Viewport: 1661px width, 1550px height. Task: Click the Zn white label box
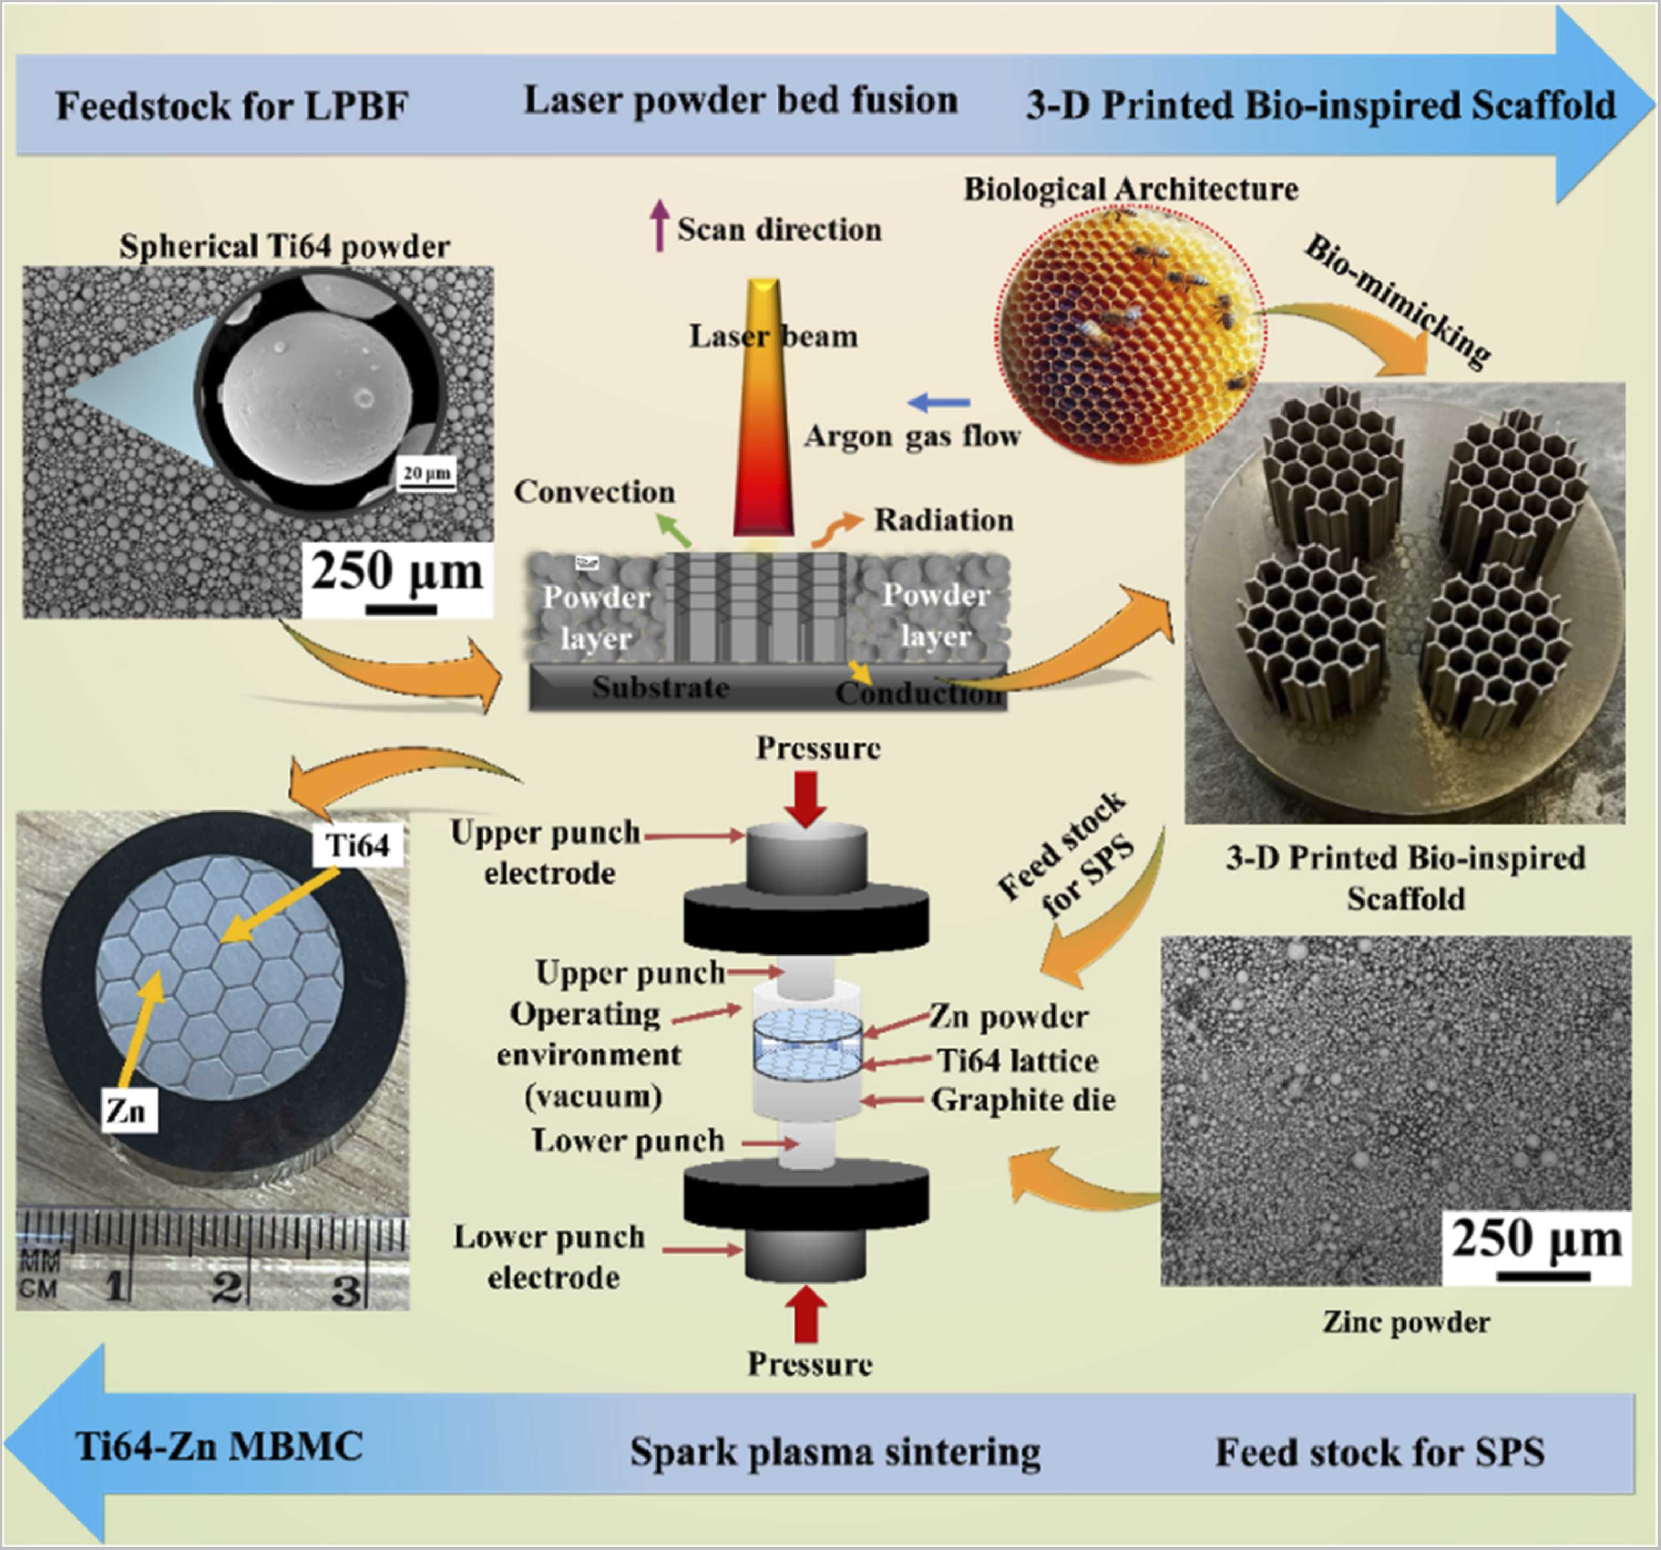tap(128, 1111)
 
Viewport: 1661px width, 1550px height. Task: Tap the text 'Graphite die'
tap(1023, 1100)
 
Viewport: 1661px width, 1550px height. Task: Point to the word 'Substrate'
tap(660, 687)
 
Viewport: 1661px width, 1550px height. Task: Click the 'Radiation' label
tap(944, 520)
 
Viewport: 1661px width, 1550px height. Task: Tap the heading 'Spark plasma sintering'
tap(835, 1451)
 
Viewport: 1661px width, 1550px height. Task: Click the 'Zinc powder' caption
tap(1406, 1322)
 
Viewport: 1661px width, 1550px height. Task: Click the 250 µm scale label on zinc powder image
tap(1536, 1238)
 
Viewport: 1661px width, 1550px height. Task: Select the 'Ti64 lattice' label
tap(1017, 1060)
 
